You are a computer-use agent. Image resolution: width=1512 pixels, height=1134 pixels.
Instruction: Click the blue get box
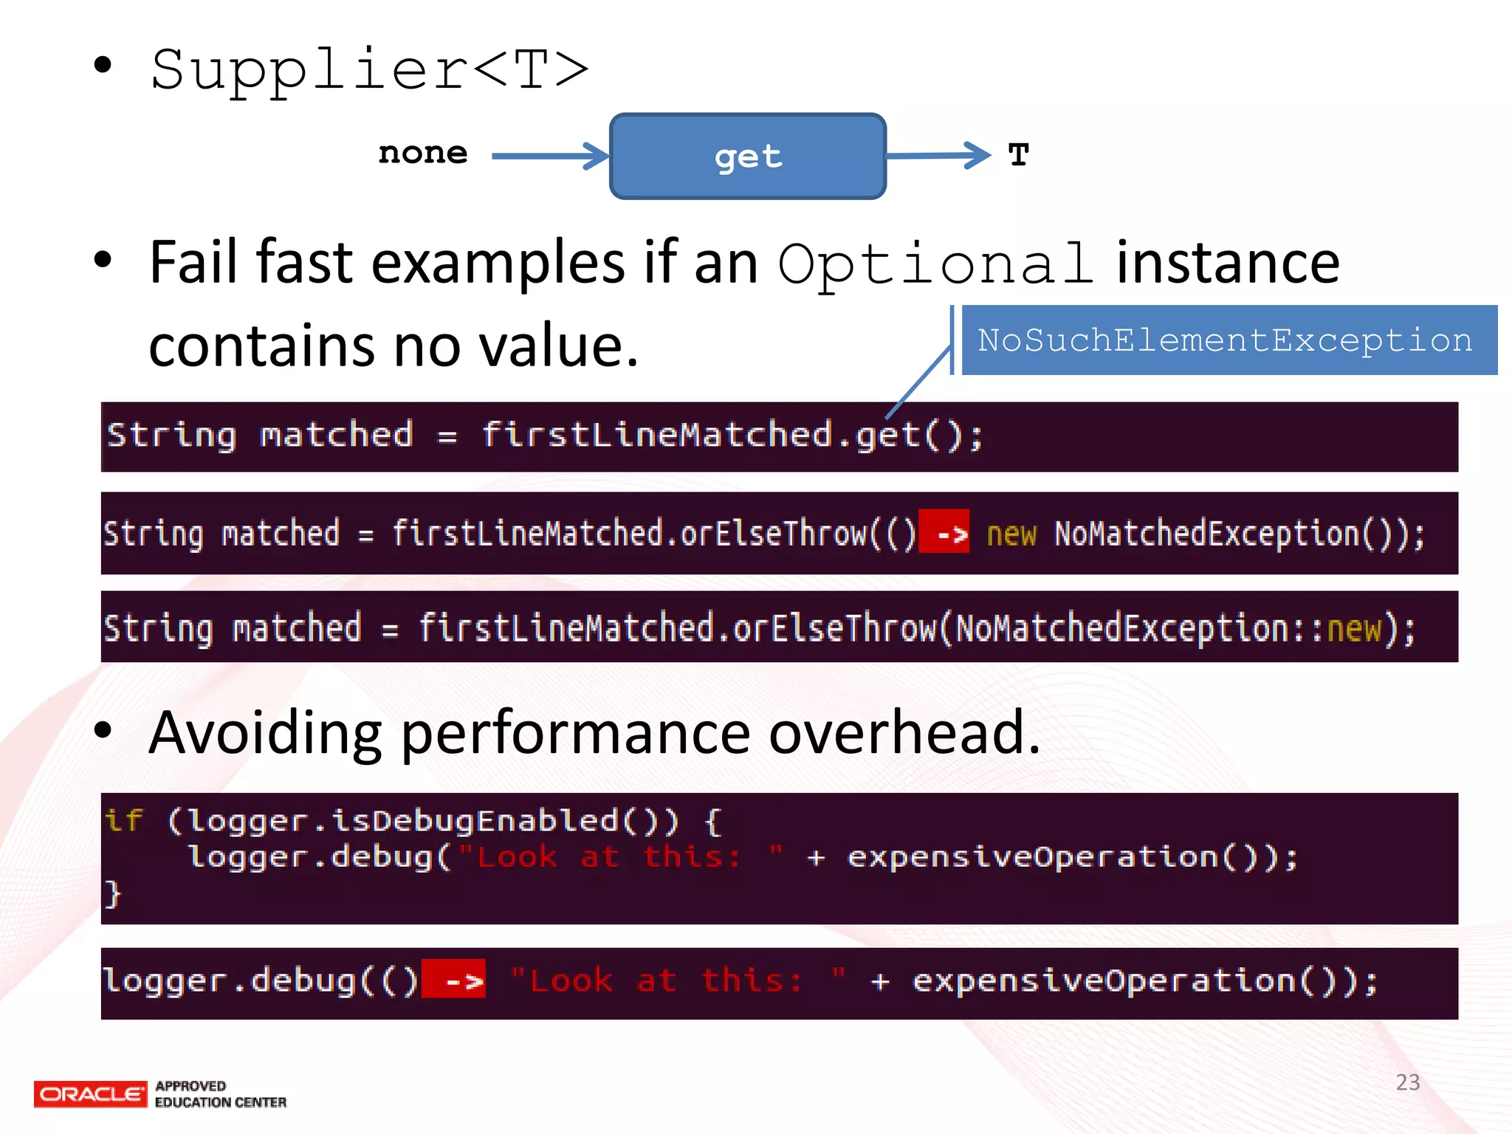tap(747, 157)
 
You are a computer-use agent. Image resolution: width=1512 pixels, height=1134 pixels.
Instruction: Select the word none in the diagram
tap(423, 154)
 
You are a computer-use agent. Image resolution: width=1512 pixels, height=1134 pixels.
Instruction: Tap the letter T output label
tap(1018, 155)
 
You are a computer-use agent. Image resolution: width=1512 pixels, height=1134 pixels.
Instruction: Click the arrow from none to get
tap(550, 156)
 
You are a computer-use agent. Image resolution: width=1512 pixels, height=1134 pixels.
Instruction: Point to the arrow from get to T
tap(938, 155)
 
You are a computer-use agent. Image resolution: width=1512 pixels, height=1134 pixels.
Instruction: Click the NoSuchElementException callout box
tap(1226, 340)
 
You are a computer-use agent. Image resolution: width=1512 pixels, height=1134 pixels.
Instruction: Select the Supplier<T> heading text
tap(369, 70)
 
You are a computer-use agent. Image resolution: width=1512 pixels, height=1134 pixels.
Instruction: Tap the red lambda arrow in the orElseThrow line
tap(945, 532)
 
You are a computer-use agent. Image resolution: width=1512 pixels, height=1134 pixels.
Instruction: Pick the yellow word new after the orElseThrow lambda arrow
tap(1011, 534)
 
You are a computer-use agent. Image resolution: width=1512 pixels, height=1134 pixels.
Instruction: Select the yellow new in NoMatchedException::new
tap(1353, 629)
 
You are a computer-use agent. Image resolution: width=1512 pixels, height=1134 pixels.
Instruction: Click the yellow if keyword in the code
tap(123, 821)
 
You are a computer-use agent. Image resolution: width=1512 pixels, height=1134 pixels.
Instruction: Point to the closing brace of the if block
tap(112, 893)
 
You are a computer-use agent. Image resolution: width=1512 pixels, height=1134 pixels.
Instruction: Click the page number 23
tap(1408, 1082)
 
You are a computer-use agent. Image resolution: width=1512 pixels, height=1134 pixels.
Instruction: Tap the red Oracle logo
tap(90, 1094)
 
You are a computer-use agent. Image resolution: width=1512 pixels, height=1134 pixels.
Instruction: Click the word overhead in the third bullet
tap(904, 732)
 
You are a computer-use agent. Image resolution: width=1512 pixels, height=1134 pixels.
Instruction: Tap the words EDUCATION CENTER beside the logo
tap(221, 1102)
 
